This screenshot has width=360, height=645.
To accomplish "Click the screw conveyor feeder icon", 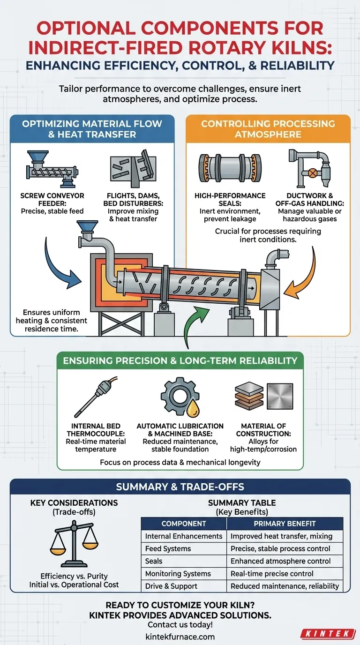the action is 52,169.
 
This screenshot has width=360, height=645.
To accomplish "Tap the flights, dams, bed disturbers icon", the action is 133,168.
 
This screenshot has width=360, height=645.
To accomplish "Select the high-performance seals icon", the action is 230,168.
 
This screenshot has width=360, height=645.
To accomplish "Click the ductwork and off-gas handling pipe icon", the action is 310,168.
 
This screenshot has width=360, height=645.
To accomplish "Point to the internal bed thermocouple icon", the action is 96,397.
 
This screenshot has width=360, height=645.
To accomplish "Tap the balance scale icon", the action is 74,543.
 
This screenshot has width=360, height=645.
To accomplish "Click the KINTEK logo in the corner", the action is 328,634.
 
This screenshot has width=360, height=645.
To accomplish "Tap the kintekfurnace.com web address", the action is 180,637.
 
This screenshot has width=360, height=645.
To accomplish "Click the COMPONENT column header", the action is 184,524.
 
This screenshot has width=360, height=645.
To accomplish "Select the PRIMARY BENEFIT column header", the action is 285,524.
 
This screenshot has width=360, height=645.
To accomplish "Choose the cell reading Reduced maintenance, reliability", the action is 285,586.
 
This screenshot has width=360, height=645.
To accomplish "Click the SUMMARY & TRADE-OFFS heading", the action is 180,487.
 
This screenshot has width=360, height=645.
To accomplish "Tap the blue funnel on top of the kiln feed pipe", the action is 88,226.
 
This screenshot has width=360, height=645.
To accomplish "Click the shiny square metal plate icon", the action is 280,396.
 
